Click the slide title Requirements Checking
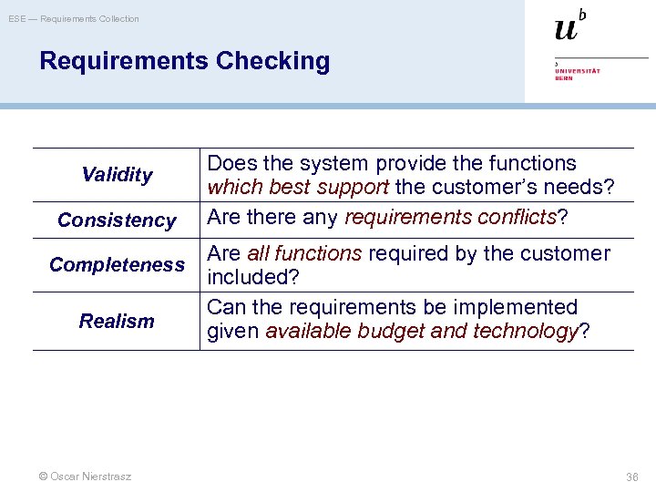point(185,61)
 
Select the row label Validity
point(117,175)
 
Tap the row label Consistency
point(117,220)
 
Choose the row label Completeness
point(117,265)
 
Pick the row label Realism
point(117,321)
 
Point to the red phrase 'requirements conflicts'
point(450,217)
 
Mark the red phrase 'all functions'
point(304,253)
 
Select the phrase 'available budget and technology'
point(422,332)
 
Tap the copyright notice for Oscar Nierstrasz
point(81,477)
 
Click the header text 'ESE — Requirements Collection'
point(75,18)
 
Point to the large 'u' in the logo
point(565,29)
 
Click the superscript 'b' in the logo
point(582,15)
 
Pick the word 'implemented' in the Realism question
point(522,307)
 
